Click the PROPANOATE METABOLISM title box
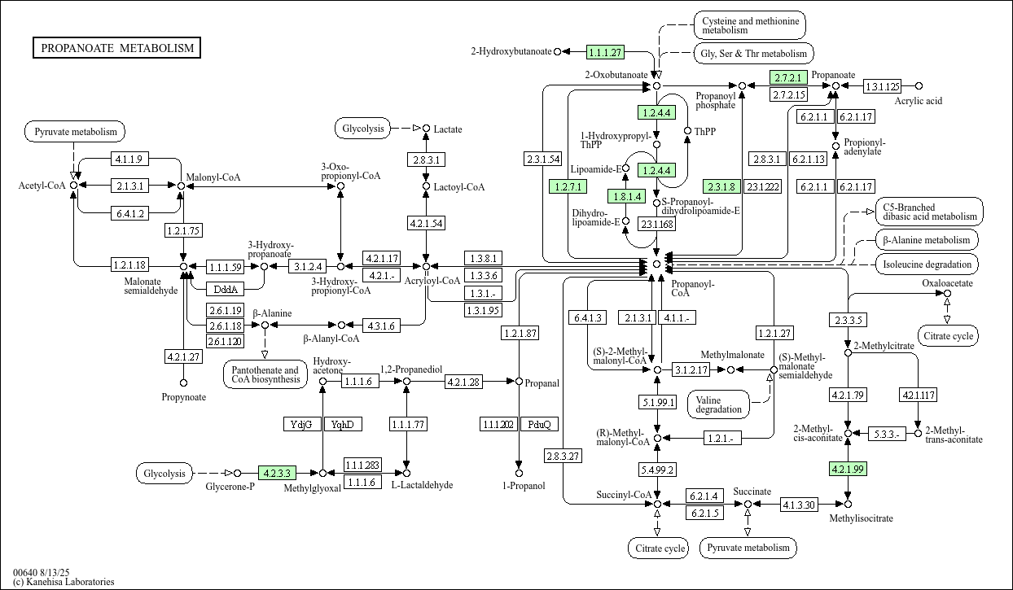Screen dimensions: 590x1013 tap(117, 48)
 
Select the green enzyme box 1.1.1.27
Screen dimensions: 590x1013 tap(605, 52)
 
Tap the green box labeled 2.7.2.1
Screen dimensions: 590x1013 tap(788, 78)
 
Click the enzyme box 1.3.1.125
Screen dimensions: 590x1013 tap(882, 86)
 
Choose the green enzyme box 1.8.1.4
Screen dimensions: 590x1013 tap(626, 196)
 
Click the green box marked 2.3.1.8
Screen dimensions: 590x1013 tap(721, 186)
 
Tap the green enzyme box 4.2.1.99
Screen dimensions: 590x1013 tap(848, 469)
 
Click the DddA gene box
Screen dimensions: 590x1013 tap(224, 289)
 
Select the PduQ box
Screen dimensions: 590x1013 tap(539, 424)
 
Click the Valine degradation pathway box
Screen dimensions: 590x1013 tap(719, 404)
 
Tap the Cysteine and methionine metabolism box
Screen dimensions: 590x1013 tap(750, 24)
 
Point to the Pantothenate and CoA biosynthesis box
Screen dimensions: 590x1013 tap(265, 375)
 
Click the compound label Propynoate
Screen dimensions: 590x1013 tap(183, 397)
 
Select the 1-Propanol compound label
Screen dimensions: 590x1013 tap(519, 486)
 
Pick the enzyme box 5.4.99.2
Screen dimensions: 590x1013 tap(657, 470)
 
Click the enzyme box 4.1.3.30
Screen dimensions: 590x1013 tap(798, 505)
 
